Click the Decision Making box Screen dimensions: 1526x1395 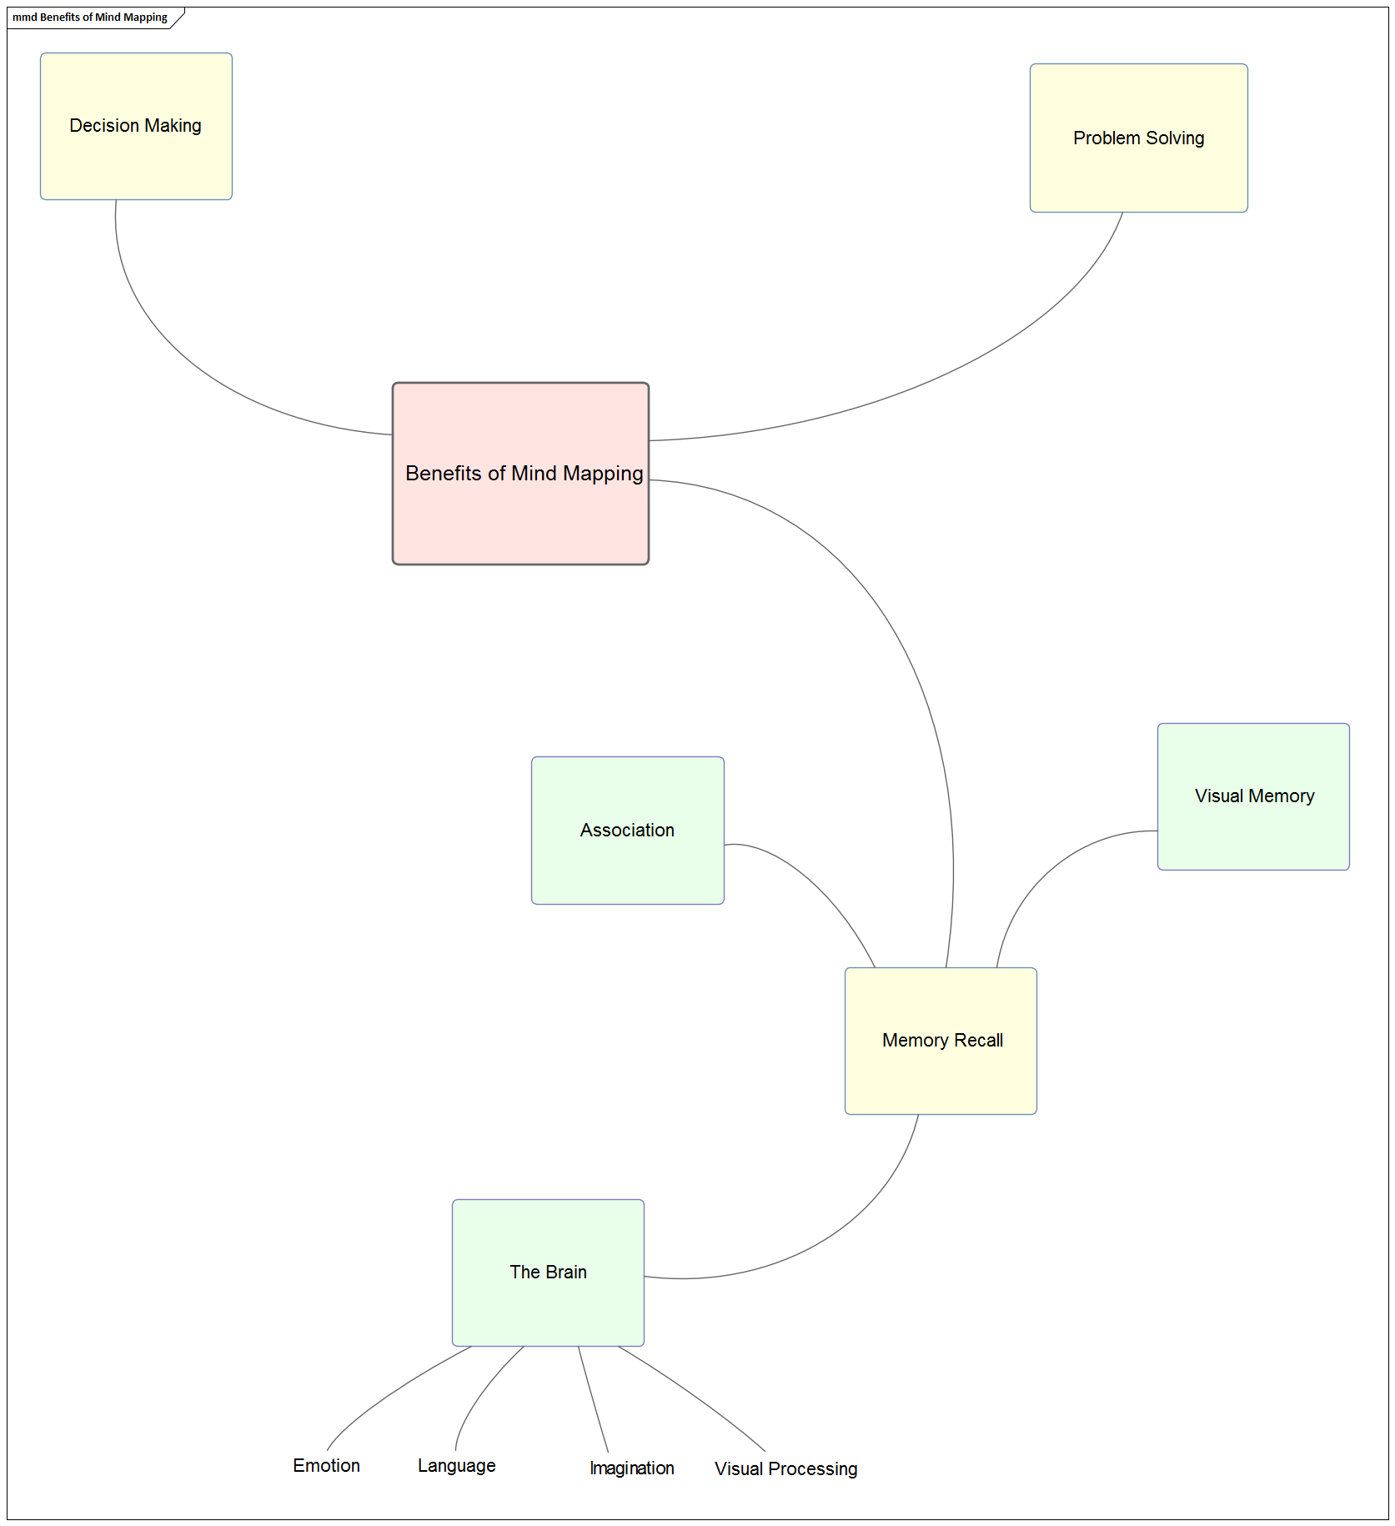[x=136, y=126]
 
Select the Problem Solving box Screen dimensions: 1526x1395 [x=1138, y=138]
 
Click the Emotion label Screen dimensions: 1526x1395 [x=326, y=1466]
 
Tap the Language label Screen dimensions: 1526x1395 [x=456, y=1466]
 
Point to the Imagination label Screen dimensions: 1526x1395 [x=631, y=1468]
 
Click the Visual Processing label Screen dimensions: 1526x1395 [x=785, y=1469]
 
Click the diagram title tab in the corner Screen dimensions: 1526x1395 [x=90, y=18]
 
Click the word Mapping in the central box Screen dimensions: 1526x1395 [x=602, y=474]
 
